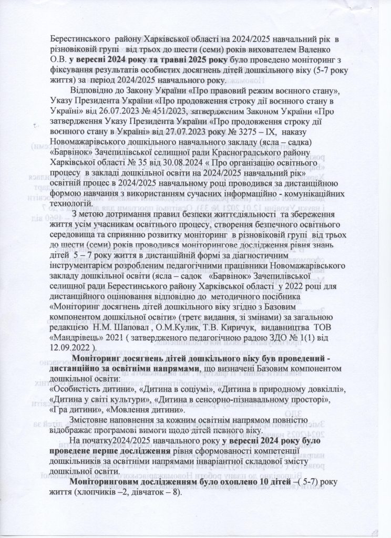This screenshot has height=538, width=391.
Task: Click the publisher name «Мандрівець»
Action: tap(77, 328)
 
